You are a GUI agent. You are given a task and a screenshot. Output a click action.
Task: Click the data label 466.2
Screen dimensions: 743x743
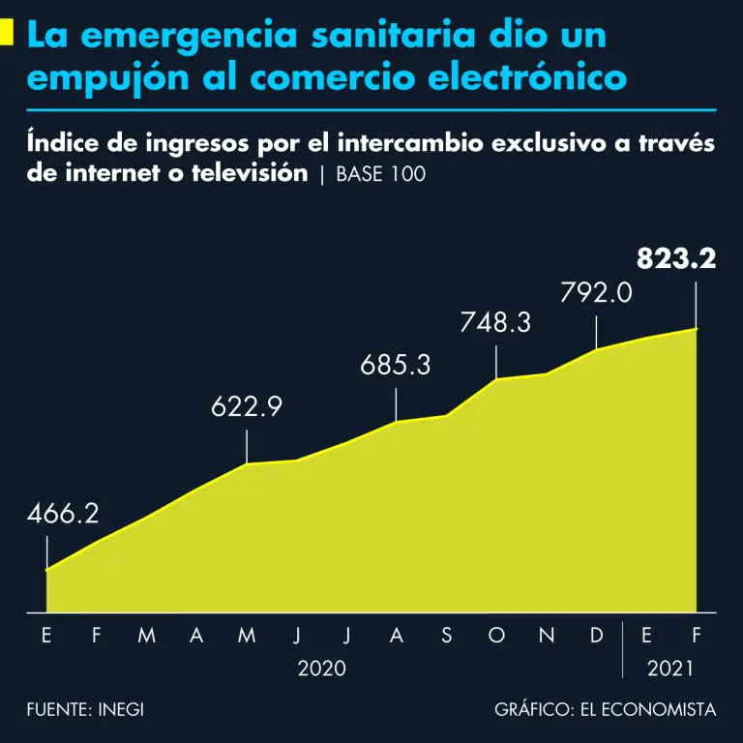62,514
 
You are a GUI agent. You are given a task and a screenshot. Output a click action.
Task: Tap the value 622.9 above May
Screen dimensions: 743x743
247,407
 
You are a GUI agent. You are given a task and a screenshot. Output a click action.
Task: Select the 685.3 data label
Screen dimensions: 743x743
396,366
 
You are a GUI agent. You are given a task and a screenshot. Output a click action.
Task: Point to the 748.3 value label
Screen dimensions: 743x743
495,323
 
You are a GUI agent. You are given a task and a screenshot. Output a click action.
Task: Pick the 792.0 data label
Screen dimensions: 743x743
596,291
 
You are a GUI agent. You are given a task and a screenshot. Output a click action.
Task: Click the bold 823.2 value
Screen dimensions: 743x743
676,259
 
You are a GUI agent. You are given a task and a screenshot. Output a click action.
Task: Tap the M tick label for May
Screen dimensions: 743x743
247,636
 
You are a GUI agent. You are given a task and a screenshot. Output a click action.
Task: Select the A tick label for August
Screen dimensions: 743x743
396,636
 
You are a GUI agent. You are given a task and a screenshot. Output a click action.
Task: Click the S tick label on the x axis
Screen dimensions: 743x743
446,636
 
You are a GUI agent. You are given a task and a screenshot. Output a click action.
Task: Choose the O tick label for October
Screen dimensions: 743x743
496,636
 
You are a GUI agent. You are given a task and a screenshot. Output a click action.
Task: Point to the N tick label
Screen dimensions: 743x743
547,636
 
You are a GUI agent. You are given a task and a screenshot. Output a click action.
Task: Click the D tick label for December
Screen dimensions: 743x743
597,636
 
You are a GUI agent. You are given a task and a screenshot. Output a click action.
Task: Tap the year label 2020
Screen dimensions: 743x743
321,669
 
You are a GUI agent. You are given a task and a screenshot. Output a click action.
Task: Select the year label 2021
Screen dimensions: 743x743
670,669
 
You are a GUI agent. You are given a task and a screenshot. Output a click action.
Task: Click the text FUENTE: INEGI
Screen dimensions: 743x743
85,709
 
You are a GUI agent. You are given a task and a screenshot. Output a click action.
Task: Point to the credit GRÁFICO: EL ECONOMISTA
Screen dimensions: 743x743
606,709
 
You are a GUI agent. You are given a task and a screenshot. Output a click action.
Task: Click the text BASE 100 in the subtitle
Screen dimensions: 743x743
381,175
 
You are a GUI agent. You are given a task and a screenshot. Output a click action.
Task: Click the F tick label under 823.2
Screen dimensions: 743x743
696,636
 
